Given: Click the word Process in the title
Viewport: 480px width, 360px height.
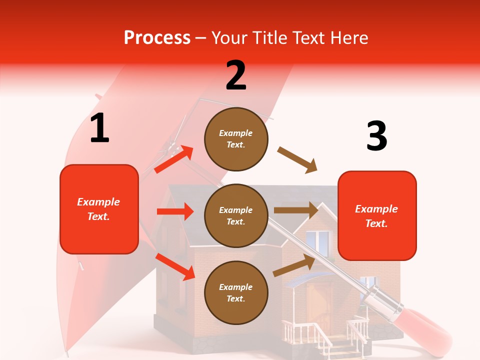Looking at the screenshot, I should point(157,37).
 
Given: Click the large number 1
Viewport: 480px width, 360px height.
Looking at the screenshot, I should point(99,128).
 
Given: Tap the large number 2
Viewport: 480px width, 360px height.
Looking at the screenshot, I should point(236,75).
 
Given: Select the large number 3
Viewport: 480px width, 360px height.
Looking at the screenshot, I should point(376,136).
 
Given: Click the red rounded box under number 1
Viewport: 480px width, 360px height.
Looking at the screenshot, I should point(99,209).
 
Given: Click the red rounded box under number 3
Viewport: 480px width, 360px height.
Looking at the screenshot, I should point(377,215).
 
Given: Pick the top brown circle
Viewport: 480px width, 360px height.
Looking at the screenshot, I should point(236,139).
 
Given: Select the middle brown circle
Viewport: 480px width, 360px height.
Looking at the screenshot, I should point(236,215).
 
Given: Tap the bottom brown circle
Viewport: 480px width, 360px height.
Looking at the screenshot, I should point(236,292).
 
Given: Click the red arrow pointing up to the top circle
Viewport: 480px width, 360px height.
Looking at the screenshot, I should point(173,159).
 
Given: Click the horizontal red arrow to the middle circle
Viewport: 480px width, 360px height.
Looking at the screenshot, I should point(174,211).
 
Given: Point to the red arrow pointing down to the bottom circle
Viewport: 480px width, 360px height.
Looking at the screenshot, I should point(174,266).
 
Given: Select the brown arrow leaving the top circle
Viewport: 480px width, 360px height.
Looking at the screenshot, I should point(297,160).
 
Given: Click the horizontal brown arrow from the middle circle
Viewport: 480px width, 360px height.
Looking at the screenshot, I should point(295,210).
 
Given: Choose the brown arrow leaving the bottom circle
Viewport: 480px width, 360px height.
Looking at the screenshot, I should point(293,266).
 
